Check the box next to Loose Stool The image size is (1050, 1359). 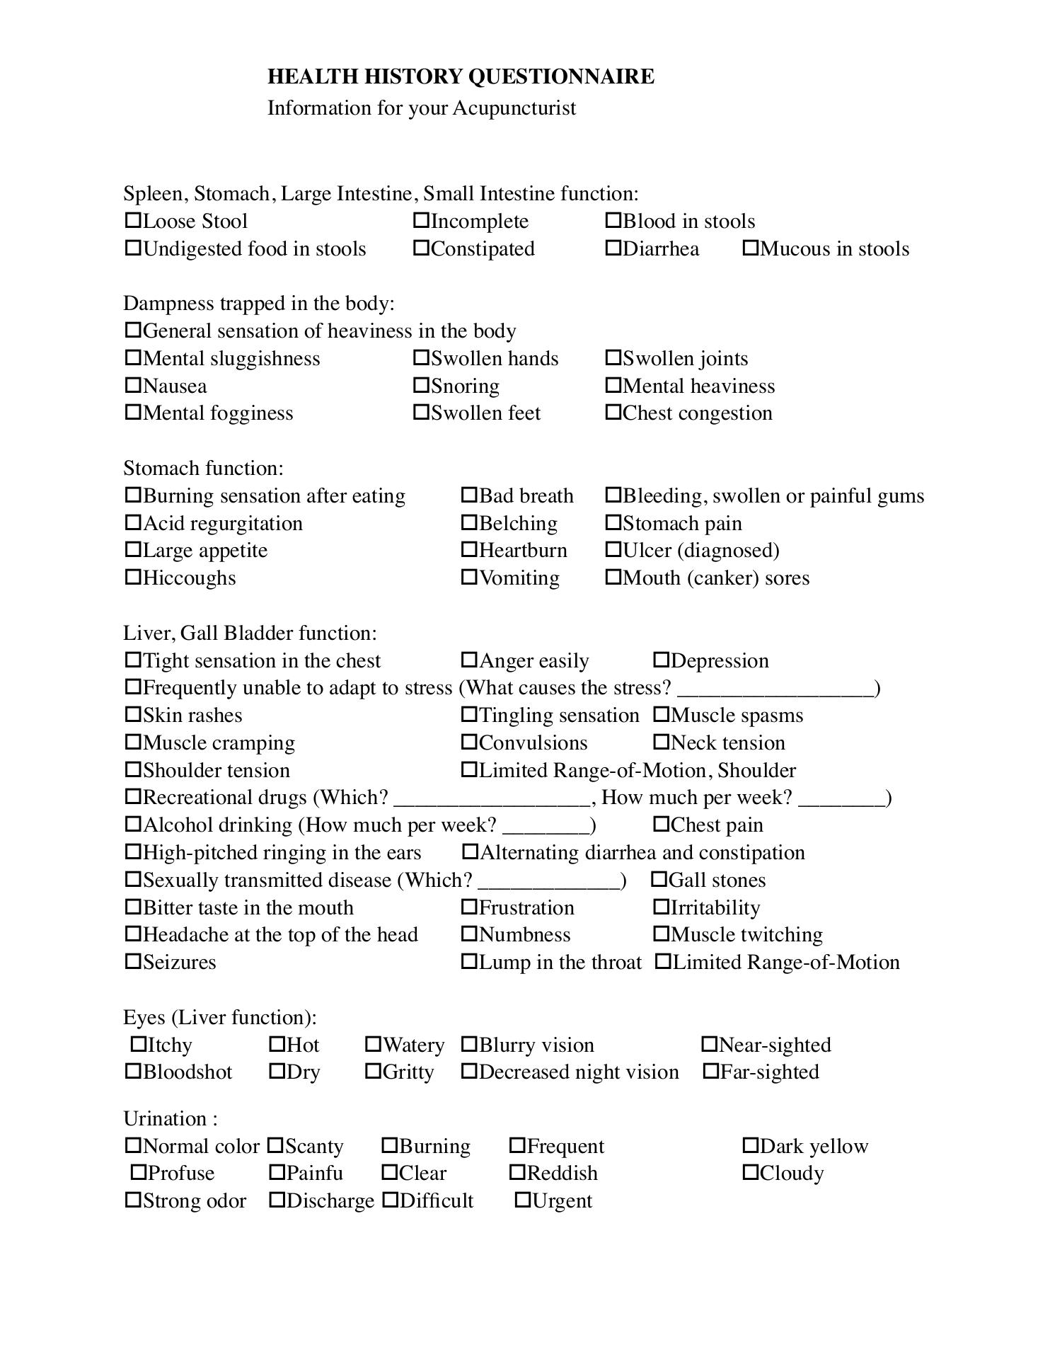(x=133, y=221)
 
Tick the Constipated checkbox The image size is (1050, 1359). (x=421, y=248)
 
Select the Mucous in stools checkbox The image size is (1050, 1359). (x=751, y=248)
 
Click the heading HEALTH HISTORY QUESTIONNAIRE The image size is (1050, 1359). (x=461, y=76)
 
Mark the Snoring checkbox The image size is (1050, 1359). (x=421, y=386)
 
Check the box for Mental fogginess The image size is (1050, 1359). (x=133, y=413)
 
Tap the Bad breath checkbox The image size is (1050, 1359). (x=469, y=495)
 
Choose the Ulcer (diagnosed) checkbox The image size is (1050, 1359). (x=613, y=550)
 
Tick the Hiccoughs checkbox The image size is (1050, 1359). (x=133, y=578)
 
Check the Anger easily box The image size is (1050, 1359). (x=469, y=660)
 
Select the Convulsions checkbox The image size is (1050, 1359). (x=469, y=742)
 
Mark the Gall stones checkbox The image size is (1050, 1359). (x=659, y=880)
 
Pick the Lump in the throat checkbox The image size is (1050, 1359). (x=469, y=962)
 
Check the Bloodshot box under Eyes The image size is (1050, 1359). (x=133, y=1072)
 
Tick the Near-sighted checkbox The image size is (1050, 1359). (x=710, y=1045)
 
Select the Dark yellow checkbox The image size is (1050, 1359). (x=751, y=1146)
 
